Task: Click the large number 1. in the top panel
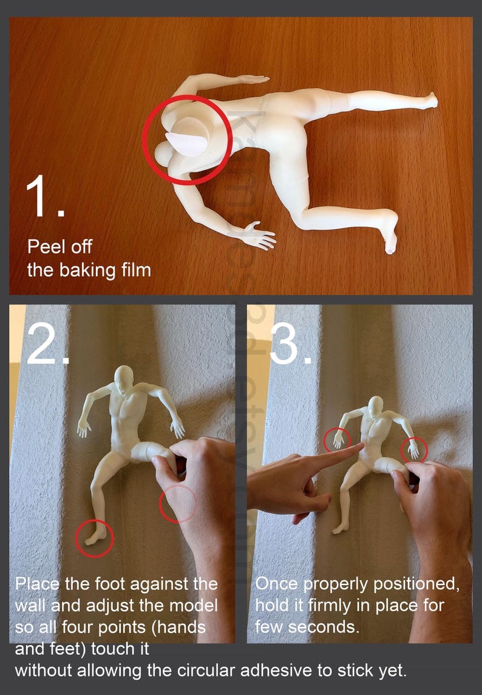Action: click(44, 197)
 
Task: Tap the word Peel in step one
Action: click(44, 247)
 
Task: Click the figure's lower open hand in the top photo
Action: click(260, 236)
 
